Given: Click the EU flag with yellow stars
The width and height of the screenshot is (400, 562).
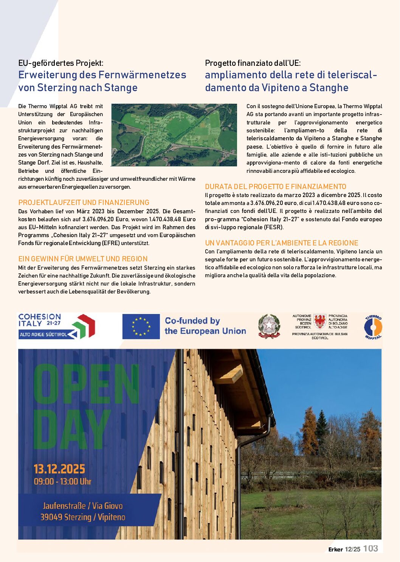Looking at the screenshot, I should pyautogui.click(x=141, y=326).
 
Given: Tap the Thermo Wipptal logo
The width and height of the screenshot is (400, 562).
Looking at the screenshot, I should pyautogui.click(x=373, y=327).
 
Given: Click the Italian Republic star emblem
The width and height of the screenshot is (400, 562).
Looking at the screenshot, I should pyautogui.click(x=269, y=326).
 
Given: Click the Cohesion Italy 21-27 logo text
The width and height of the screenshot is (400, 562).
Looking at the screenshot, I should pyautogui.click(x=39, y=320).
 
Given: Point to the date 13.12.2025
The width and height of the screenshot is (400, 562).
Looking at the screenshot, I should pyautogui.click(x=59, y=469).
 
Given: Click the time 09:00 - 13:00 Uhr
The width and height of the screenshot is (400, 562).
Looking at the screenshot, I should pyautogui.click(x=62, y=481).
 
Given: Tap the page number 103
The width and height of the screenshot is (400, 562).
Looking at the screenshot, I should pyautogui.click(x=371, y=548).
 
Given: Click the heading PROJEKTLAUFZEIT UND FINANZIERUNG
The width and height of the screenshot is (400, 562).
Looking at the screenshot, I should pyautogui.click(x=84, y=202).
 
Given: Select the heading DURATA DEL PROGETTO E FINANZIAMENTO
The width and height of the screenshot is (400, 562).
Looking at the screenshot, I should pyautogui.click(x=275, y=186).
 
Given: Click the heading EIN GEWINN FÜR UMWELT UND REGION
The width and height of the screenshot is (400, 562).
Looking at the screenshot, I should pyautogui.click(x=83, y=259).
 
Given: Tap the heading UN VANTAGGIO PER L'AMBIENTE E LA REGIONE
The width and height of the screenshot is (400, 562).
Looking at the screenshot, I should pyautogui.click(x=281, y=243).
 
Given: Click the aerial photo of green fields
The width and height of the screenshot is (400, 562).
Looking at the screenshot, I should pyautogui.click(x=174, y=135).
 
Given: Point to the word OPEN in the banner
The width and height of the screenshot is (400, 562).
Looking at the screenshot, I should pyautogui.click(x=86, y=384).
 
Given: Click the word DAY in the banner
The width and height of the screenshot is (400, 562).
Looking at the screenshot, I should pyautogui.click(x=72, y=429).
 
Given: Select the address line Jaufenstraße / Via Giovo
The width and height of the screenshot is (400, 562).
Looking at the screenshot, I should pyautogui.click(x=82, y=506).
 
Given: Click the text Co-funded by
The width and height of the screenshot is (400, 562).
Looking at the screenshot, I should pyautogui.click(x=192, y=321).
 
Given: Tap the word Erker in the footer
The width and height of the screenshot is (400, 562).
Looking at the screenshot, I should pyautogui.click(x=335, y=549).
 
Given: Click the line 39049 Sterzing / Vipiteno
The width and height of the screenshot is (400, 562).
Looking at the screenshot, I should pyautogui.click(x=82, y=517).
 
